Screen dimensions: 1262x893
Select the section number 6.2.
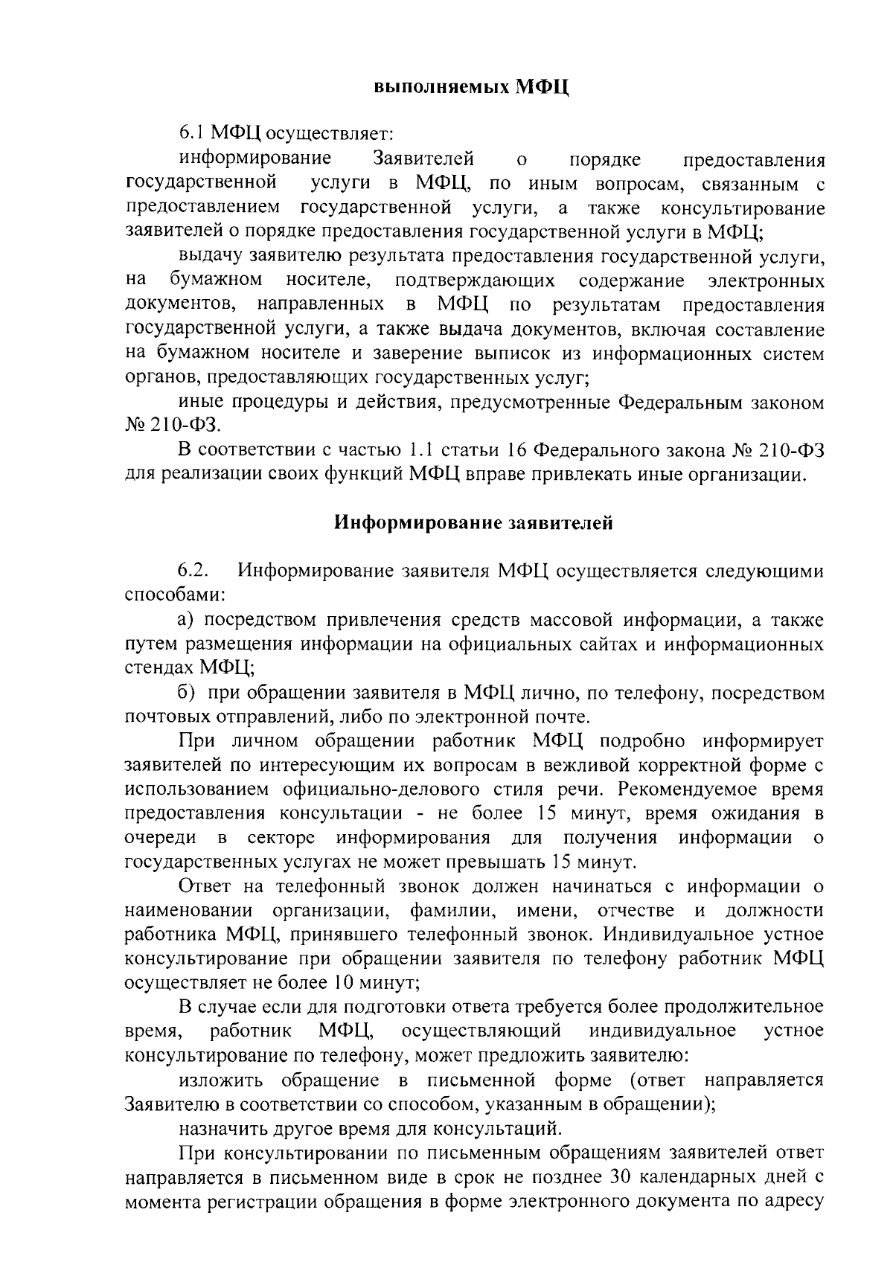pyautogui.click(x=192, y=571)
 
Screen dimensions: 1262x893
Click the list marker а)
pyautogui.click(x=186, y=620)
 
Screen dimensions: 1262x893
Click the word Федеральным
pyautogui.click(x=675, y=403)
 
